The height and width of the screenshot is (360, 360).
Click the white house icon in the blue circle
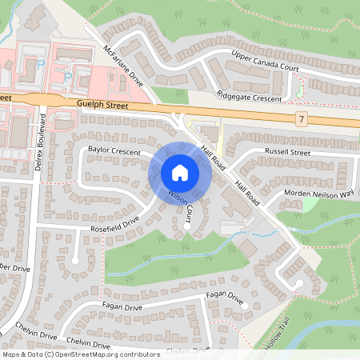(x=179, y=173)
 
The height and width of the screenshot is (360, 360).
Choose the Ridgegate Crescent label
(x=250, y=95)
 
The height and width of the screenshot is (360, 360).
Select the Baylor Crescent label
(x=114, y=150)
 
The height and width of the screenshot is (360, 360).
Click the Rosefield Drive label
(x=115, y=226)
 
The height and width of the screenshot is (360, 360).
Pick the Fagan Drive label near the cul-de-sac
(x=224, y=296)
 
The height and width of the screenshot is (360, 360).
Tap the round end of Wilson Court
(x=187, y=226)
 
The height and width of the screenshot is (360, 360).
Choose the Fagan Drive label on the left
(x=122, y=306)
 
